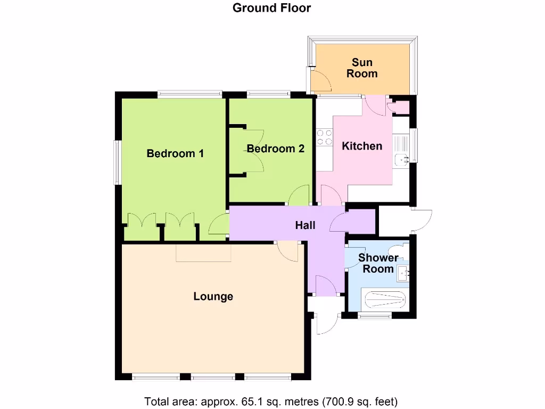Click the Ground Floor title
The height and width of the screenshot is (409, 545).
coord(272,8)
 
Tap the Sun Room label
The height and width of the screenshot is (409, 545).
coord(362,68)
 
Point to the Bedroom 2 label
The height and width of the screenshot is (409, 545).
coord(276,149)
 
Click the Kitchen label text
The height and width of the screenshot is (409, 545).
coord(362,146)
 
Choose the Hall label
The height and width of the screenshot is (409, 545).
coord(305,225)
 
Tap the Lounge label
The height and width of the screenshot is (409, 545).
coord(213,296)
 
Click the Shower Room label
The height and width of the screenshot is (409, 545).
coord(378,263)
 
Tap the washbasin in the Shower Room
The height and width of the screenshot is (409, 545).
coord(404,273)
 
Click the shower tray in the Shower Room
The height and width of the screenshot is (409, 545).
coord(383,300)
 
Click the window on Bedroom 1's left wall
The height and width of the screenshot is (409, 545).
coord(117,162)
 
